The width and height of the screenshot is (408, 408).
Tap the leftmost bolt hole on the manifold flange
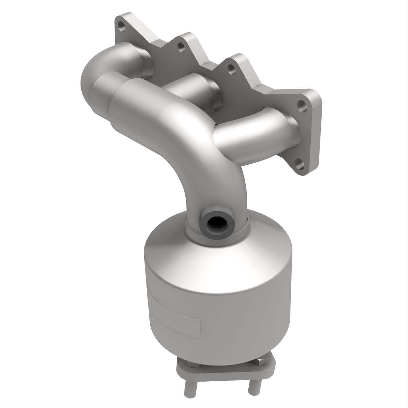point(121,27)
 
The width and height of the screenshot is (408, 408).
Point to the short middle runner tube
point(190,87)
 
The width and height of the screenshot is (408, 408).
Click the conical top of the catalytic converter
point(218,261)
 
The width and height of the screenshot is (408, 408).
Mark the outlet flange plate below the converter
point(226,373)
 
